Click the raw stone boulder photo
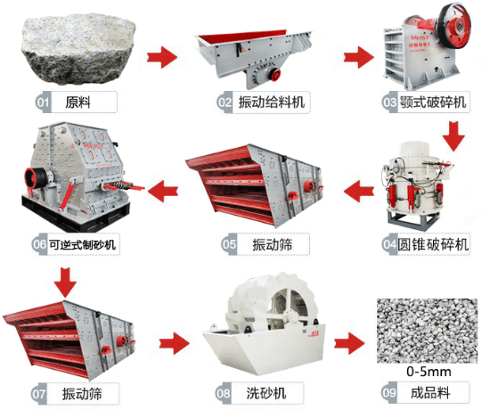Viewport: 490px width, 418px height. click(78, 50)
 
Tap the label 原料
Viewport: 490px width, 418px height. click(78, 102)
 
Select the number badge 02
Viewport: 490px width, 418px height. click(225, 102)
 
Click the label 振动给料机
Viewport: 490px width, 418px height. click(271, 102)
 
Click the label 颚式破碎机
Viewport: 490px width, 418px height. click(433, 102)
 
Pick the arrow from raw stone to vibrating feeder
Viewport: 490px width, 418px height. click(162, 57)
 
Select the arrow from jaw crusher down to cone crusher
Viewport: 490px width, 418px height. click(453, 136)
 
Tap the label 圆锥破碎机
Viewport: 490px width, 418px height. click(433, 244)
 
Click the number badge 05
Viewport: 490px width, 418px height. click(229, 244)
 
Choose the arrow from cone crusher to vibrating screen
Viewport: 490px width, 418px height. click(359, 191)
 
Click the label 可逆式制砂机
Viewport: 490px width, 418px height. click(82, 244)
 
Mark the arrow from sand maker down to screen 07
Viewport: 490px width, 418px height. click(65, 283)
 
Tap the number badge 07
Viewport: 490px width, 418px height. click(38, 394)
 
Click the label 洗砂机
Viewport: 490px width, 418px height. click(266, 393)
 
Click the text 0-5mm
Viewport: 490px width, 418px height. click(429, 372)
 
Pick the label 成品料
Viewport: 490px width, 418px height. click(430, 393)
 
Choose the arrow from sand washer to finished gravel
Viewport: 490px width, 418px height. click(349, 343)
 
